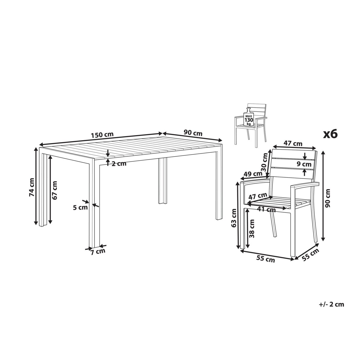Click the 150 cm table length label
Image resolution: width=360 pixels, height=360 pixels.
coord(102,135)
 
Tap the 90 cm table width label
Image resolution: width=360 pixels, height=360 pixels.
coord(193,133)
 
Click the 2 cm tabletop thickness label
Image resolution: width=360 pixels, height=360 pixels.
coord(119,164)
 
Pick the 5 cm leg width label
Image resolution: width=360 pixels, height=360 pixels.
coord(80,207)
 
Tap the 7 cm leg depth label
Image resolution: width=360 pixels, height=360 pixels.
coord(98,252)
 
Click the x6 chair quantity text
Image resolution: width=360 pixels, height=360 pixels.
coord(331,134)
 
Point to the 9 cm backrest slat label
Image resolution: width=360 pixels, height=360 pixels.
coord(304,164)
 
